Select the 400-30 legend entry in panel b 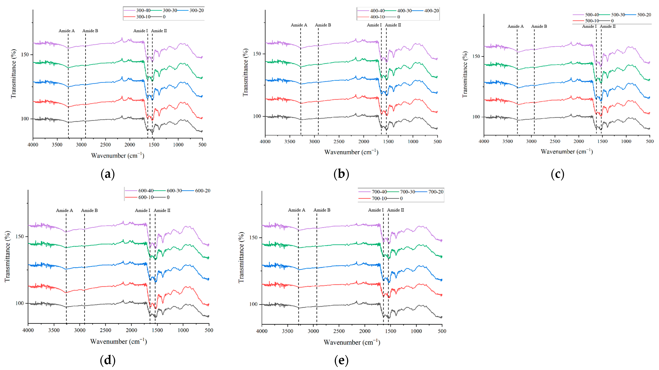pos(404,11)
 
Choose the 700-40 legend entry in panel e pos(379,192)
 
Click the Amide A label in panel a pos(67,31)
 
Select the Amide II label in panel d pos(162,210)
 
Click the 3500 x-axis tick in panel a pos(57,145)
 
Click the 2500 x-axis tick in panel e pos(339,331)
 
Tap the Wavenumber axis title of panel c pos(567,152)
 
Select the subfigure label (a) pos(108,174)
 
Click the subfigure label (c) pos(557,174)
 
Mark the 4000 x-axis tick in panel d pos(28,330)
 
